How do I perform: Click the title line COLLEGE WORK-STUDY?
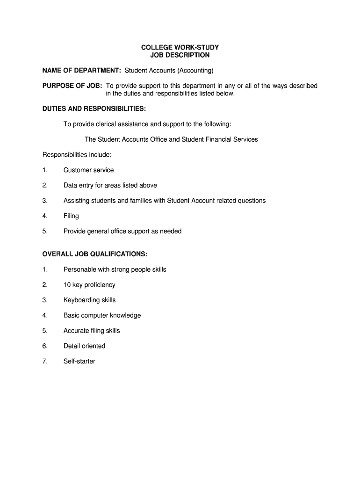pyautogui.click(x=180, y=48)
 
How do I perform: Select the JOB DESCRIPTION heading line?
pyautogui.click(x=180, y=55)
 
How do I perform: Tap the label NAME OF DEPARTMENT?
pyautogui.click(x=82, y=71)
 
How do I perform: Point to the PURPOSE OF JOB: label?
pyautogui.click(x=72, y=86)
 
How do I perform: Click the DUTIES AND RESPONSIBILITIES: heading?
pyautogui.click(x=94, y=109)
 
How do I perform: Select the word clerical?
pyautogui.click(x=108, y=124)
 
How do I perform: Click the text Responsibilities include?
pyautogui.click(x=77, y=155)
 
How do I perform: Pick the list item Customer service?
pyautogui.click(x=88, y=170)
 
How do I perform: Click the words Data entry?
pyautogui.click(x=78, y=185)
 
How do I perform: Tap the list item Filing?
pyautogui.click(x=71, y=216)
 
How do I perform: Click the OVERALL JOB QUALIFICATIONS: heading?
pyautogui.click(x=94, y=254)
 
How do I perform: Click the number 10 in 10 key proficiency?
pyautogui.click(x=67, y=285)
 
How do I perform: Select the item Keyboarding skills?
pyautogui.click(x=89, y=300)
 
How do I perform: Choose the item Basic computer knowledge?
pyautogui.click(x=102, y=315)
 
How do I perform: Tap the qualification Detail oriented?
pyautogui.click(x=84, y=346)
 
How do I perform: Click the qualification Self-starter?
pyautogui.click(x=79, y=362)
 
